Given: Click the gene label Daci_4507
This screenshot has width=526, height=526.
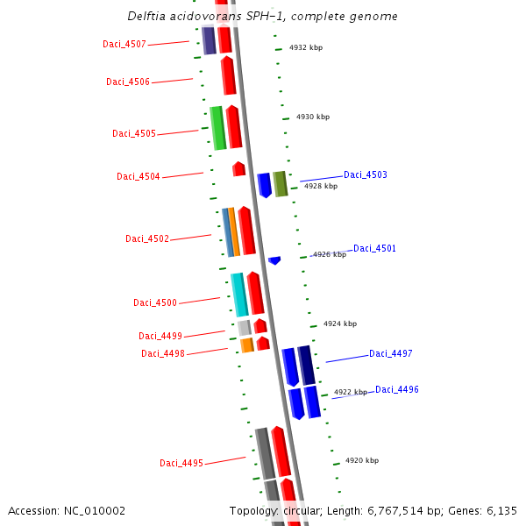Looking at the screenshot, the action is tap(124, 44).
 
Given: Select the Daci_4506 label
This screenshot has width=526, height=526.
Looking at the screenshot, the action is tap(128, 82).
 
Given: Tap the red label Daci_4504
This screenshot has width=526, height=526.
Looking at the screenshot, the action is tap(139, 177).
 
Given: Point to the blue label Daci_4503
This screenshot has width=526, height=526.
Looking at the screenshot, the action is tap(365, 175).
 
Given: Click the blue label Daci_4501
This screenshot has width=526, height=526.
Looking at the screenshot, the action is tap(374, 249).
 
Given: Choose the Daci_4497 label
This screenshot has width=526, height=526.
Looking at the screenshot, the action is tap(390, 354).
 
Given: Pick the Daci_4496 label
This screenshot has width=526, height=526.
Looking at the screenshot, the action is tap(397, 389).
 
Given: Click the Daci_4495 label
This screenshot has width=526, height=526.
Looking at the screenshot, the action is tap(181, 464).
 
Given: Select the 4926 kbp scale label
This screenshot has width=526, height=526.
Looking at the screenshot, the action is tap(330, 254).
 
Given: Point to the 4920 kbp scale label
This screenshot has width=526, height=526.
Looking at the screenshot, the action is tap(361, 460).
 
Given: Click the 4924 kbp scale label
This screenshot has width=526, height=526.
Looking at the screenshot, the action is tap(340, 323).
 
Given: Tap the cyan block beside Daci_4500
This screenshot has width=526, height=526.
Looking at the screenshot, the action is tap(239, 295).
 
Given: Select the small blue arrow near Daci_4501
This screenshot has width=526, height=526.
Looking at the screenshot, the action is tap(274, 260).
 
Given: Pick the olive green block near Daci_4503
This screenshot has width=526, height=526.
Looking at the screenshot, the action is tap(280, 184).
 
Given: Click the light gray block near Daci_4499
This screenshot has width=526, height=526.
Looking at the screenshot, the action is tap(245, 328).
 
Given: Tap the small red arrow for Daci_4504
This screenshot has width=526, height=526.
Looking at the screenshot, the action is tap(238, 168).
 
